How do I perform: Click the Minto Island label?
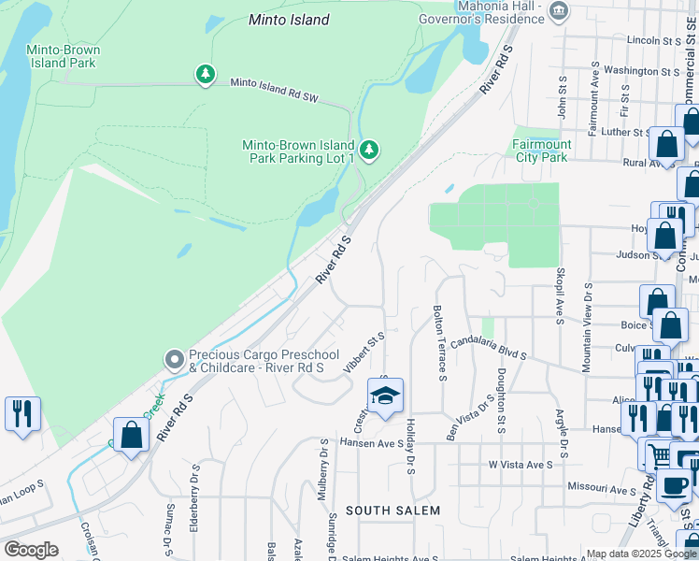[x=289, y=20]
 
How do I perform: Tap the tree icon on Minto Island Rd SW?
[x=206, y=74]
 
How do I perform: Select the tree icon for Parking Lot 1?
[x=369, y=150]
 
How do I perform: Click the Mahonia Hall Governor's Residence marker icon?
[x=559, y=11]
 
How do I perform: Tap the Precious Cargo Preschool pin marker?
[x=173, y=360]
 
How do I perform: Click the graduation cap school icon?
[x=384, y=396]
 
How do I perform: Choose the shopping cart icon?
[x=658, y=454]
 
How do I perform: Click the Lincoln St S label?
[x=653, y=41]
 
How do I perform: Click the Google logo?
[x=31, y=550]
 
